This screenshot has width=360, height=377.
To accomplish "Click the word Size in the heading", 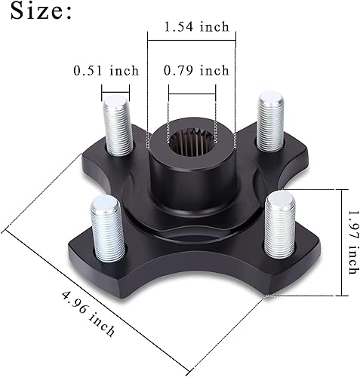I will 35,13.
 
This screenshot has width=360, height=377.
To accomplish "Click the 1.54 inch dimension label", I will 196,26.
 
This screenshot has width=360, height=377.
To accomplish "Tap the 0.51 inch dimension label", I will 106,71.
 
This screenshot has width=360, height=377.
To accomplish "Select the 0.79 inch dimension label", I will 196,71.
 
